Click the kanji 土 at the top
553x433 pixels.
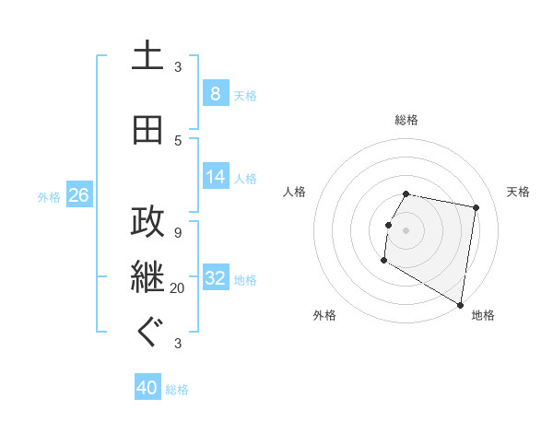click(x=147, y=57)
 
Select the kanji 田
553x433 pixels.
click(x=147, y=130)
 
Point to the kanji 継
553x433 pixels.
click(x=147, y=277)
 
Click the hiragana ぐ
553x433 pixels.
click(x=147, y=333)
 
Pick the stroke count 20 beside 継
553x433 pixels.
click(x=178, y=288)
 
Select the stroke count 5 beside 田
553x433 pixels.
click(x=178, y=140)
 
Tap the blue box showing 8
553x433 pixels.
click(x=215, y=93)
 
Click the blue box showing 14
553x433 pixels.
click(x=216, y=176)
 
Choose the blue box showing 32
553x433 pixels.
click(x=216, y=277)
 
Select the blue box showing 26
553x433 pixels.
click(x=78, y=194)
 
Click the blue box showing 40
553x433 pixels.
click(x=147, y=388)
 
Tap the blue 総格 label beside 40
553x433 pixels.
click(x=177, y=390)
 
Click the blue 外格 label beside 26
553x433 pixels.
click(x=49, y=196)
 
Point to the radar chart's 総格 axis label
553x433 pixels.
click(x=406, y=121)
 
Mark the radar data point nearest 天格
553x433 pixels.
click(x=476, y=209)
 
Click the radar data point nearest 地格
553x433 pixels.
click(x=460, y=305)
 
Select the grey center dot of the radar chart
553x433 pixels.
click(x=406, y=230)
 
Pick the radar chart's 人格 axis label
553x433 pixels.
click(x=295, y=192)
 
